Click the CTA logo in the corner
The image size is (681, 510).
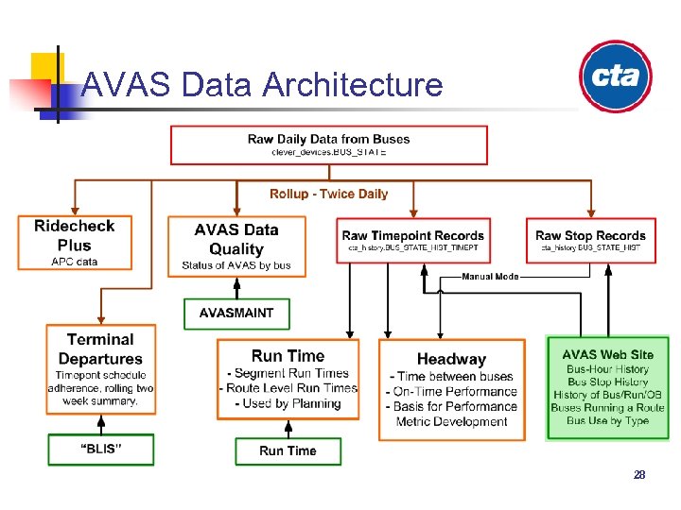(x=615, y=76)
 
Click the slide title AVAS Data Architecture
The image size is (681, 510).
(x=262, y=85)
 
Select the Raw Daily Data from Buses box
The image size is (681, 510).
(x=329, y=144)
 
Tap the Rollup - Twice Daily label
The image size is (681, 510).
(x=328, y=194)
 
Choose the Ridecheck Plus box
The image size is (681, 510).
(x=75, y=243)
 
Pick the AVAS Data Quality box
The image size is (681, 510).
(x=236, y=246)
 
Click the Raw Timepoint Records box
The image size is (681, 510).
(x=413, y=241)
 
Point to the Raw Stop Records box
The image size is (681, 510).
(x=590, y=241)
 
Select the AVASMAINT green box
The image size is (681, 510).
(x=236, y=313)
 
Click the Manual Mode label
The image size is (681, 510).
(x=490, y=277)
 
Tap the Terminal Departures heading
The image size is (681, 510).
(x=100, y=348)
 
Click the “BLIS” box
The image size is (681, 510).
(x=100, y=450)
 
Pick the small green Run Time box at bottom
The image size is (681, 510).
(x=288, y=450)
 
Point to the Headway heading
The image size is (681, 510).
(x=451, y=359)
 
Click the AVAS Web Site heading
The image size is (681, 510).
(x=607, y=354)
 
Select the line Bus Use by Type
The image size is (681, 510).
(x=607, y=420)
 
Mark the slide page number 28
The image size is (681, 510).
(x=639, y=475)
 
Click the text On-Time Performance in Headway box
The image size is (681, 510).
(x=455, y=391)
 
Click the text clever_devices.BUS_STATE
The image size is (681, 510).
(x=328, y=152)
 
